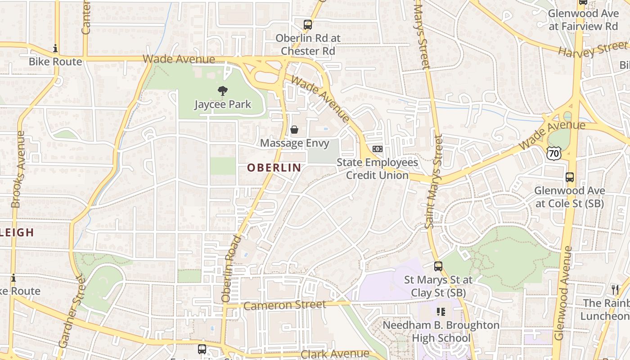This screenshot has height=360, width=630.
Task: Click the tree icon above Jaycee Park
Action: click(222, 91)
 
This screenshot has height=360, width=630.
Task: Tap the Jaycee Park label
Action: click(223, 104)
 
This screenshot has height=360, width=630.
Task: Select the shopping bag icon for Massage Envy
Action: click(294, 130)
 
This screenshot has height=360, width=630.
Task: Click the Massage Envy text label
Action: click(295, 143)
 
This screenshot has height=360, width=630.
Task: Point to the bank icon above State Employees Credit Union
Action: click(378, 149)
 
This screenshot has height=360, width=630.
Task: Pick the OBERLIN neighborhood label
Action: click(274, 168)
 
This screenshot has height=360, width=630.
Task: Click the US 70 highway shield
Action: click(554, 154)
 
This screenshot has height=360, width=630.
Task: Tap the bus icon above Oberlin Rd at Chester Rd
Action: click(308, 25)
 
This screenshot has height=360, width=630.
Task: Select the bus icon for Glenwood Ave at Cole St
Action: click(570, 177)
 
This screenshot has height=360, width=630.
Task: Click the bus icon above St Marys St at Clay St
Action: click(438, 266)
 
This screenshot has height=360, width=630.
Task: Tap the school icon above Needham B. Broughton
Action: click(441, 311)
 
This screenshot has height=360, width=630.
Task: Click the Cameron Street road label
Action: click(285, 305)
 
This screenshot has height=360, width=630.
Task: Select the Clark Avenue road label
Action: click(335, 354)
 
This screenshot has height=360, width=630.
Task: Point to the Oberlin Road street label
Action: click(232, 268)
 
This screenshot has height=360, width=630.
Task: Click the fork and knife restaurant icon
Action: click(615, 290)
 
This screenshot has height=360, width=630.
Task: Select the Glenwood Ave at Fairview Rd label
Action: click(583, 20)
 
